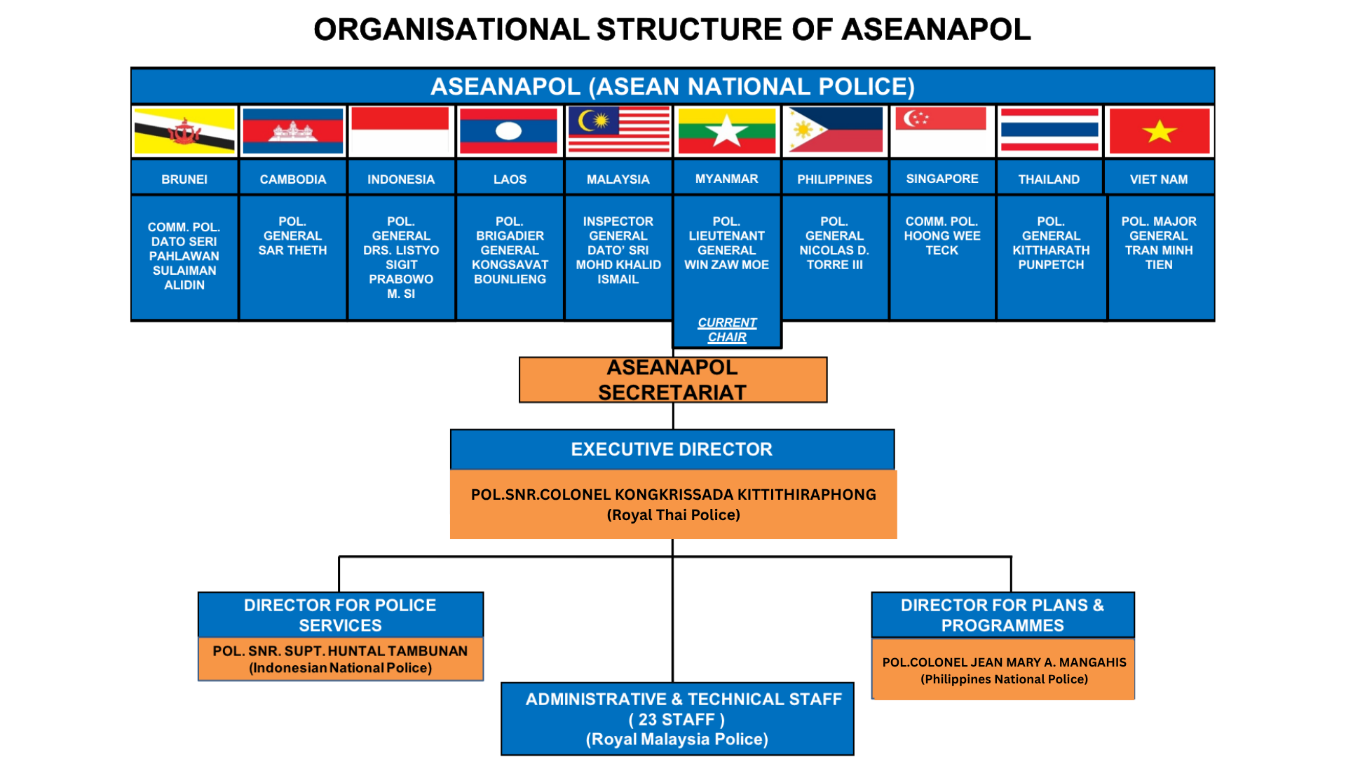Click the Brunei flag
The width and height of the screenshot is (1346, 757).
click(184, 131)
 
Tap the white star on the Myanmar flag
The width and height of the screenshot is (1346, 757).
click(726, 131)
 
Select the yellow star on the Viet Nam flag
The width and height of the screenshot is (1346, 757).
click(1159, 131)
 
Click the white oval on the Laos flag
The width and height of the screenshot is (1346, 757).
click(509, 131)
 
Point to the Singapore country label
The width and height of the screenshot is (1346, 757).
click(941, 179)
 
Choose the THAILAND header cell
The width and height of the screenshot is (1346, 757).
click(1049, 179)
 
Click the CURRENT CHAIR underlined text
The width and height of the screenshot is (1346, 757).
click(727, 330)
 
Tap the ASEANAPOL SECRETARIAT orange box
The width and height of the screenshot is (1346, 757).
click(672, 380)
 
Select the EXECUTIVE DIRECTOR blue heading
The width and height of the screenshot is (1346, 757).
click(672, 449)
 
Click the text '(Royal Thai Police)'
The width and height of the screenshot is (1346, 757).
click(673, 515)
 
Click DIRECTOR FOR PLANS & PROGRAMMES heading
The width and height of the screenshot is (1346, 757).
click(1002, 615)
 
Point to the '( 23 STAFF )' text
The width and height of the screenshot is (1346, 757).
click(677, 720)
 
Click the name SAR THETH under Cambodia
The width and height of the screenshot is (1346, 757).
click(292, 250)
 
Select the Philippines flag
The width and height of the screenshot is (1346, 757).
click(834, 131)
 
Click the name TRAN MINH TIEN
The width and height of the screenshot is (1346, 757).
click(1159, 257)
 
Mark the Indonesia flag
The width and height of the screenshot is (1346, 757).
click(400, 131)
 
